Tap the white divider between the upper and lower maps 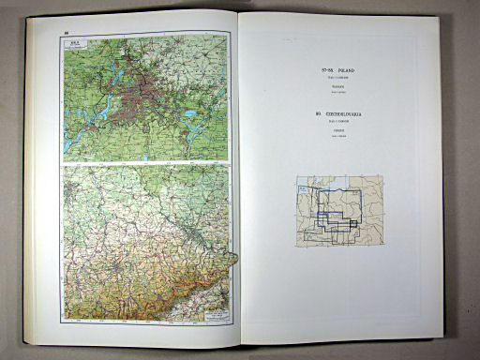pyautogui.click(x=141, y=164)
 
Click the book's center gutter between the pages pyautogui.click(x=235, y=178)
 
